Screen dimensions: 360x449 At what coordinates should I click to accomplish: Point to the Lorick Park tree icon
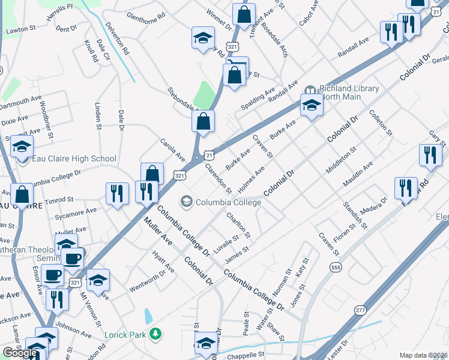tap(156, 333)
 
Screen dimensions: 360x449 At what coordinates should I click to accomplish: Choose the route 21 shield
tap(207, 155)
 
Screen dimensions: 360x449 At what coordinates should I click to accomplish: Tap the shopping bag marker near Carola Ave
tap(152, 173)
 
